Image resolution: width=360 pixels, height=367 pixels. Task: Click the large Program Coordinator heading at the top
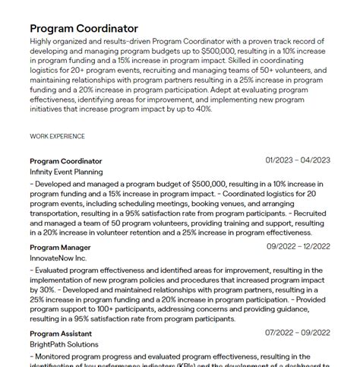(84, 28)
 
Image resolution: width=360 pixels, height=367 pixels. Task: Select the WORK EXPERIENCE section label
(57, 136)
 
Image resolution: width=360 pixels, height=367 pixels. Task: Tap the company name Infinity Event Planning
(66, 172)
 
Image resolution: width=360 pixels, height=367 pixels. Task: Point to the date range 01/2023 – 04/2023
(298, 160)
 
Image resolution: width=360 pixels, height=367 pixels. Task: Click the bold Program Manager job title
(60, 248)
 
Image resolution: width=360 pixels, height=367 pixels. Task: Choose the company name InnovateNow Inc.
(58, 258)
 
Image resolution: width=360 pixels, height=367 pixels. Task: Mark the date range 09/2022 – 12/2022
(297, 247)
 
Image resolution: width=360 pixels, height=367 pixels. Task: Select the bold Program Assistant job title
(61, 334)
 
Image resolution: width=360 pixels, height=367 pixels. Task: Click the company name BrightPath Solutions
(64, 344)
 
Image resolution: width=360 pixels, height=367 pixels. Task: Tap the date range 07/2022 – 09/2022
(297, 333)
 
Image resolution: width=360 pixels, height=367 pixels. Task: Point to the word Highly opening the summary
(42, 41)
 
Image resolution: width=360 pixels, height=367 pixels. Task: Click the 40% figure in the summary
(201, 109)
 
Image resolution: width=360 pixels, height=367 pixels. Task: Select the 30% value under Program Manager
(48, 289)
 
